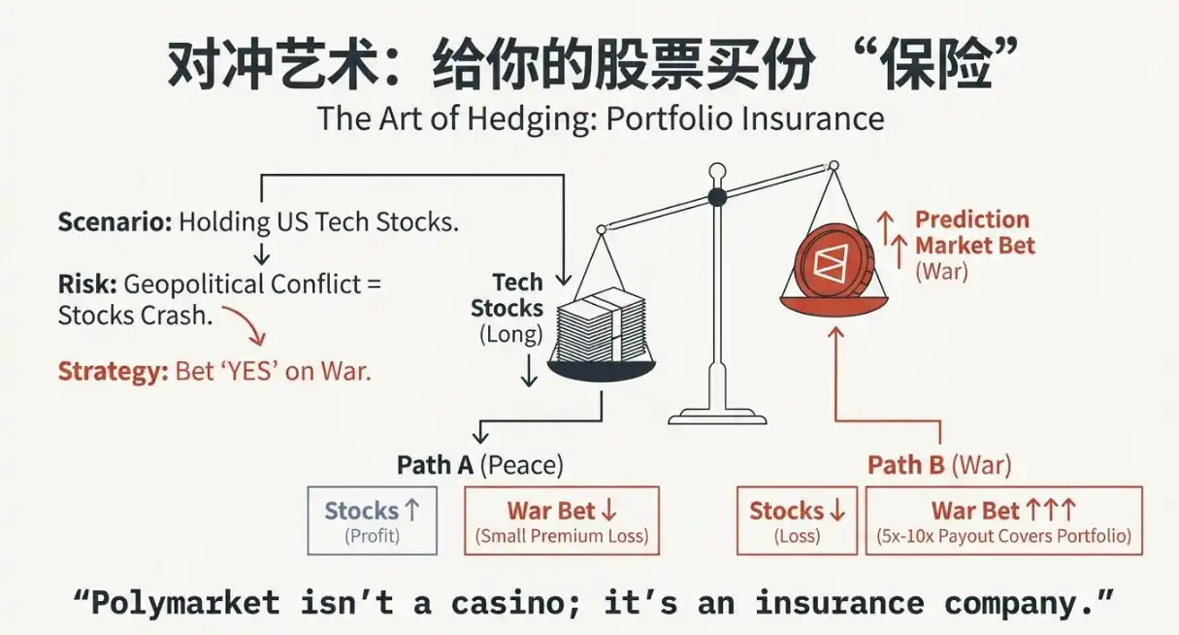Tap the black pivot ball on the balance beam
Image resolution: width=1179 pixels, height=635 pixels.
(717, 197)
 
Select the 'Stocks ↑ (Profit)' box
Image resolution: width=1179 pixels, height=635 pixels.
(372, 520)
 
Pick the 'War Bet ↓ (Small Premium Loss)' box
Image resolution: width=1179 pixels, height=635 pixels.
(562, 520)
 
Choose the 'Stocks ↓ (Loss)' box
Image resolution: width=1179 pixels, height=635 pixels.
(797, 520)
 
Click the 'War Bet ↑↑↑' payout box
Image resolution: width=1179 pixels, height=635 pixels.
(1003, 520)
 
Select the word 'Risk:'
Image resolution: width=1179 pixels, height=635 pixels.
(87, 284)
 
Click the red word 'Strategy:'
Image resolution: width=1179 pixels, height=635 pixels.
(113, 371)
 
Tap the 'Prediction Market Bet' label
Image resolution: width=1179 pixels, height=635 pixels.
(973, 232)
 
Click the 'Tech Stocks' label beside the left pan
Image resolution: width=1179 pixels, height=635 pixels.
(512, 295)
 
